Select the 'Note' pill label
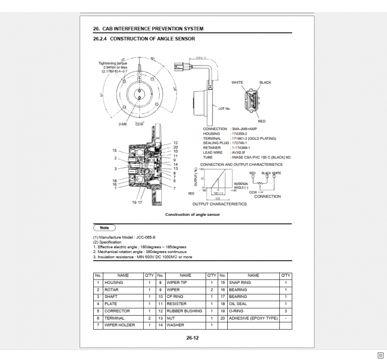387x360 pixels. [104, 228]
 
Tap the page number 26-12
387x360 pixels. [192, 338]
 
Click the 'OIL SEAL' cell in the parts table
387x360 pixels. [238, 304]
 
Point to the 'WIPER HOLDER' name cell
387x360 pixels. [119, 325]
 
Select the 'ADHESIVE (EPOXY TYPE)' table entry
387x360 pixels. [253, 318]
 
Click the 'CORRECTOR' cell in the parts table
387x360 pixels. [117, 311]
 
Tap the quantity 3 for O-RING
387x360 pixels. [285, 311]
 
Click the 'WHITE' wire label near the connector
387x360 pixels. [237, 82]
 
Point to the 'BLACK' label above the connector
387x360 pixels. [265, 82]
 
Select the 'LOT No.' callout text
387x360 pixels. [224, 108]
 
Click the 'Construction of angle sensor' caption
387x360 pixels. [192, 215]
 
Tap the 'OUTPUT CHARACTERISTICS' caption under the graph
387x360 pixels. [219, 204]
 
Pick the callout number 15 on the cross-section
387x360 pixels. [115, 150]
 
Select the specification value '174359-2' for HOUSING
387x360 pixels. [240, 134]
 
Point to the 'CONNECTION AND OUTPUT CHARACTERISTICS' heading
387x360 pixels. [241, 164]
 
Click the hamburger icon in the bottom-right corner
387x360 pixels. [380, 354]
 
